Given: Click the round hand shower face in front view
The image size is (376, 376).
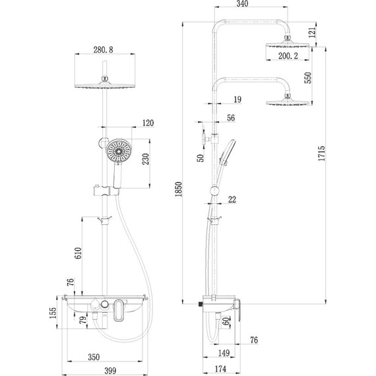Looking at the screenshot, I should coord(119,152).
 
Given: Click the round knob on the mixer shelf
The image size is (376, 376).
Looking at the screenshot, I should coord(98,305).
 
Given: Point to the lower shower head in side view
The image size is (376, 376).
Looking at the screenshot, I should coord(288,101).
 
